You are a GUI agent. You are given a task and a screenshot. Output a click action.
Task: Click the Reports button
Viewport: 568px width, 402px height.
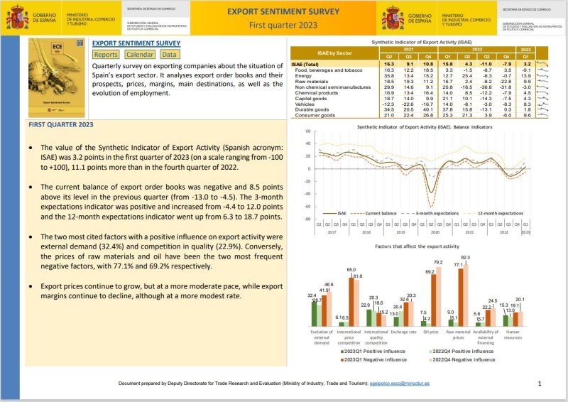point(106,55)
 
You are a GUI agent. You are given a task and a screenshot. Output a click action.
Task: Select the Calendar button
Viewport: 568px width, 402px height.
point(139,55)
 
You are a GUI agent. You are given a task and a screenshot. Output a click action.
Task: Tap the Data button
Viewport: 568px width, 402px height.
point(169,55)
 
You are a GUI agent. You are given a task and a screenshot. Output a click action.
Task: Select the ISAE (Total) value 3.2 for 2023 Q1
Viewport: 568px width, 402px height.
point(526,64)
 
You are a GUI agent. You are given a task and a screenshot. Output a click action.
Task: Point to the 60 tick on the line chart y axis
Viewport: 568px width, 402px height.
point(307,131)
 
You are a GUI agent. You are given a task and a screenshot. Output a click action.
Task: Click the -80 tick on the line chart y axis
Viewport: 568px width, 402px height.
point(307,219)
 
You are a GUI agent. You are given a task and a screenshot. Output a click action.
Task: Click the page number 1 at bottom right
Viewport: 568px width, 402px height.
point(540,384)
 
